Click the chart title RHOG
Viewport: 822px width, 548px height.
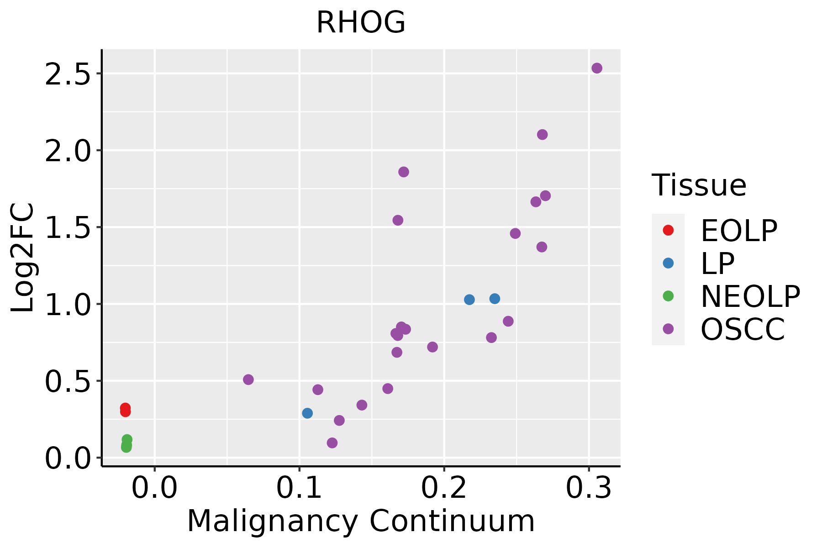click(x=361, y=23)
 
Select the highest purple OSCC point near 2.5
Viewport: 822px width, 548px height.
click(x=596, y=68)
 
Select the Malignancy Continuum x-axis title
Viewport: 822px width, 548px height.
click(x=361, y=522)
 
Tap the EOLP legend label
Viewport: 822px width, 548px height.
click(x=738, y=231)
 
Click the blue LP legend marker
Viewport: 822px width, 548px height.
click(x=668, y=263)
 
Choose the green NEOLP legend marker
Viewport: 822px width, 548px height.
click(x=668, y=296)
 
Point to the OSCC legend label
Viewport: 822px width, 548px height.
click(x=743, y=329)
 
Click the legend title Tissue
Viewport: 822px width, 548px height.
click(x=699, y=185)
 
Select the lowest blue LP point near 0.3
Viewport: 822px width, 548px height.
click(x=307, y=413)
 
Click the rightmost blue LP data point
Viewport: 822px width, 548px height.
click(x=495, y=299)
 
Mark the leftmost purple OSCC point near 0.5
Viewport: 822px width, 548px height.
click(x=248, y=379)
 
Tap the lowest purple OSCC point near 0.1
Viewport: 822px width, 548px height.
click(x=332, y=443)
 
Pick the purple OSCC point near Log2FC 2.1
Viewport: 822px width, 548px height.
click(x=542, y=135)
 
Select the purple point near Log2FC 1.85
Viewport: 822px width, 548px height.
click(x=403, y=172)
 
